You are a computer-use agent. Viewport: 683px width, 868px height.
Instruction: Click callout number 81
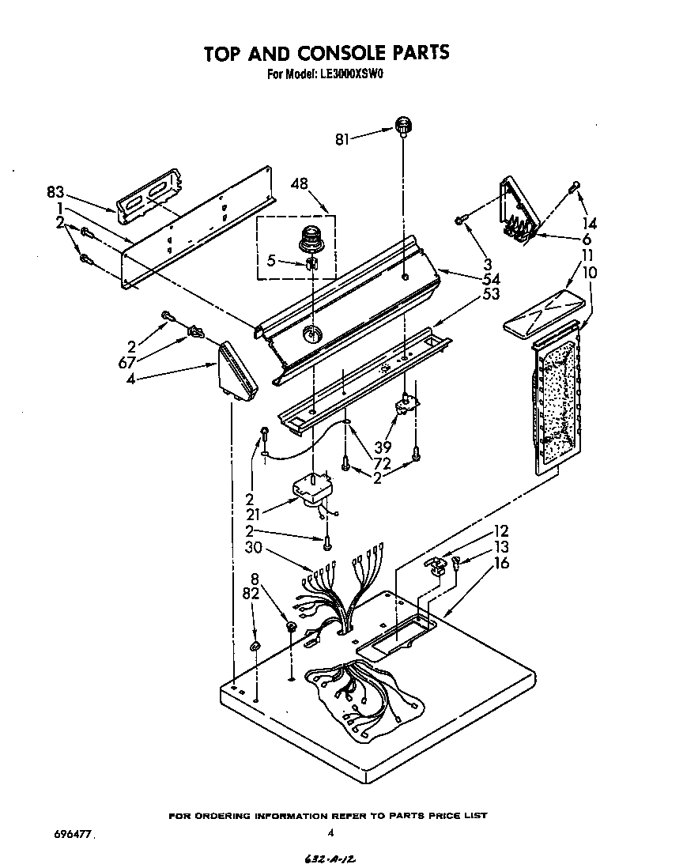click(x=342, y=140)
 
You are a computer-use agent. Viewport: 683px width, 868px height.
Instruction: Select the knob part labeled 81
click(x=405, y=125)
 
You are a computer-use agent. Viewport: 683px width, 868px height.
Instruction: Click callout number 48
click(x=299, y=183)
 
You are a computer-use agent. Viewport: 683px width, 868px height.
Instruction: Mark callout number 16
click(x=501, y=563)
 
